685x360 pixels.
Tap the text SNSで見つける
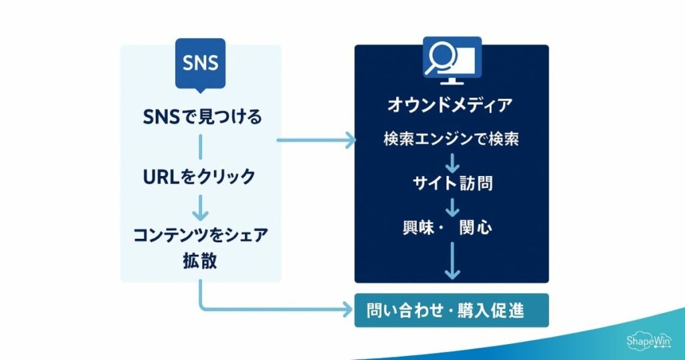[201, 118]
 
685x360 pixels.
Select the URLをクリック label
[200, 177]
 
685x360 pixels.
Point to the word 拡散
[200, 261]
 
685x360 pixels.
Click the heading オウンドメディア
[451, 105]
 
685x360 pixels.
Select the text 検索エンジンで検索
[452, 140]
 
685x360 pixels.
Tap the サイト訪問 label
[452, 183]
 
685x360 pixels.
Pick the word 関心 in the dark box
[476, 227]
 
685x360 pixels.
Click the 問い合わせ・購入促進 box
[451, 310]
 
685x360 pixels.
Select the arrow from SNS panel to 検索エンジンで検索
[315, 141]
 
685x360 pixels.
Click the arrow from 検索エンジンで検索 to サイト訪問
[452, 162]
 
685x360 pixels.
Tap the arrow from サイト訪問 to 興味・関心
[452, 205]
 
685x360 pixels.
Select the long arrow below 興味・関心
[452, 260]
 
